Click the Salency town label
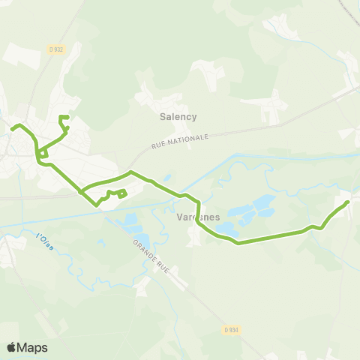tap(178, 116)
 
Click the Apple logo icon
tap(12, 347)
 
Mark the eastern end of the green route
tap(348, 202)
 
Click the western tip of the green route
tap(12, 128)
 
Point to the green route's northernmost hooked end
tap(61, 117)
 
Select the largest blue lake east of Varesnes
tap(262, 203)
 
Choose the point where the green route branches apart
tap(80, 192)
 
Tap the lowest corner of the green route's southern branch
tap(96, 205)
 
